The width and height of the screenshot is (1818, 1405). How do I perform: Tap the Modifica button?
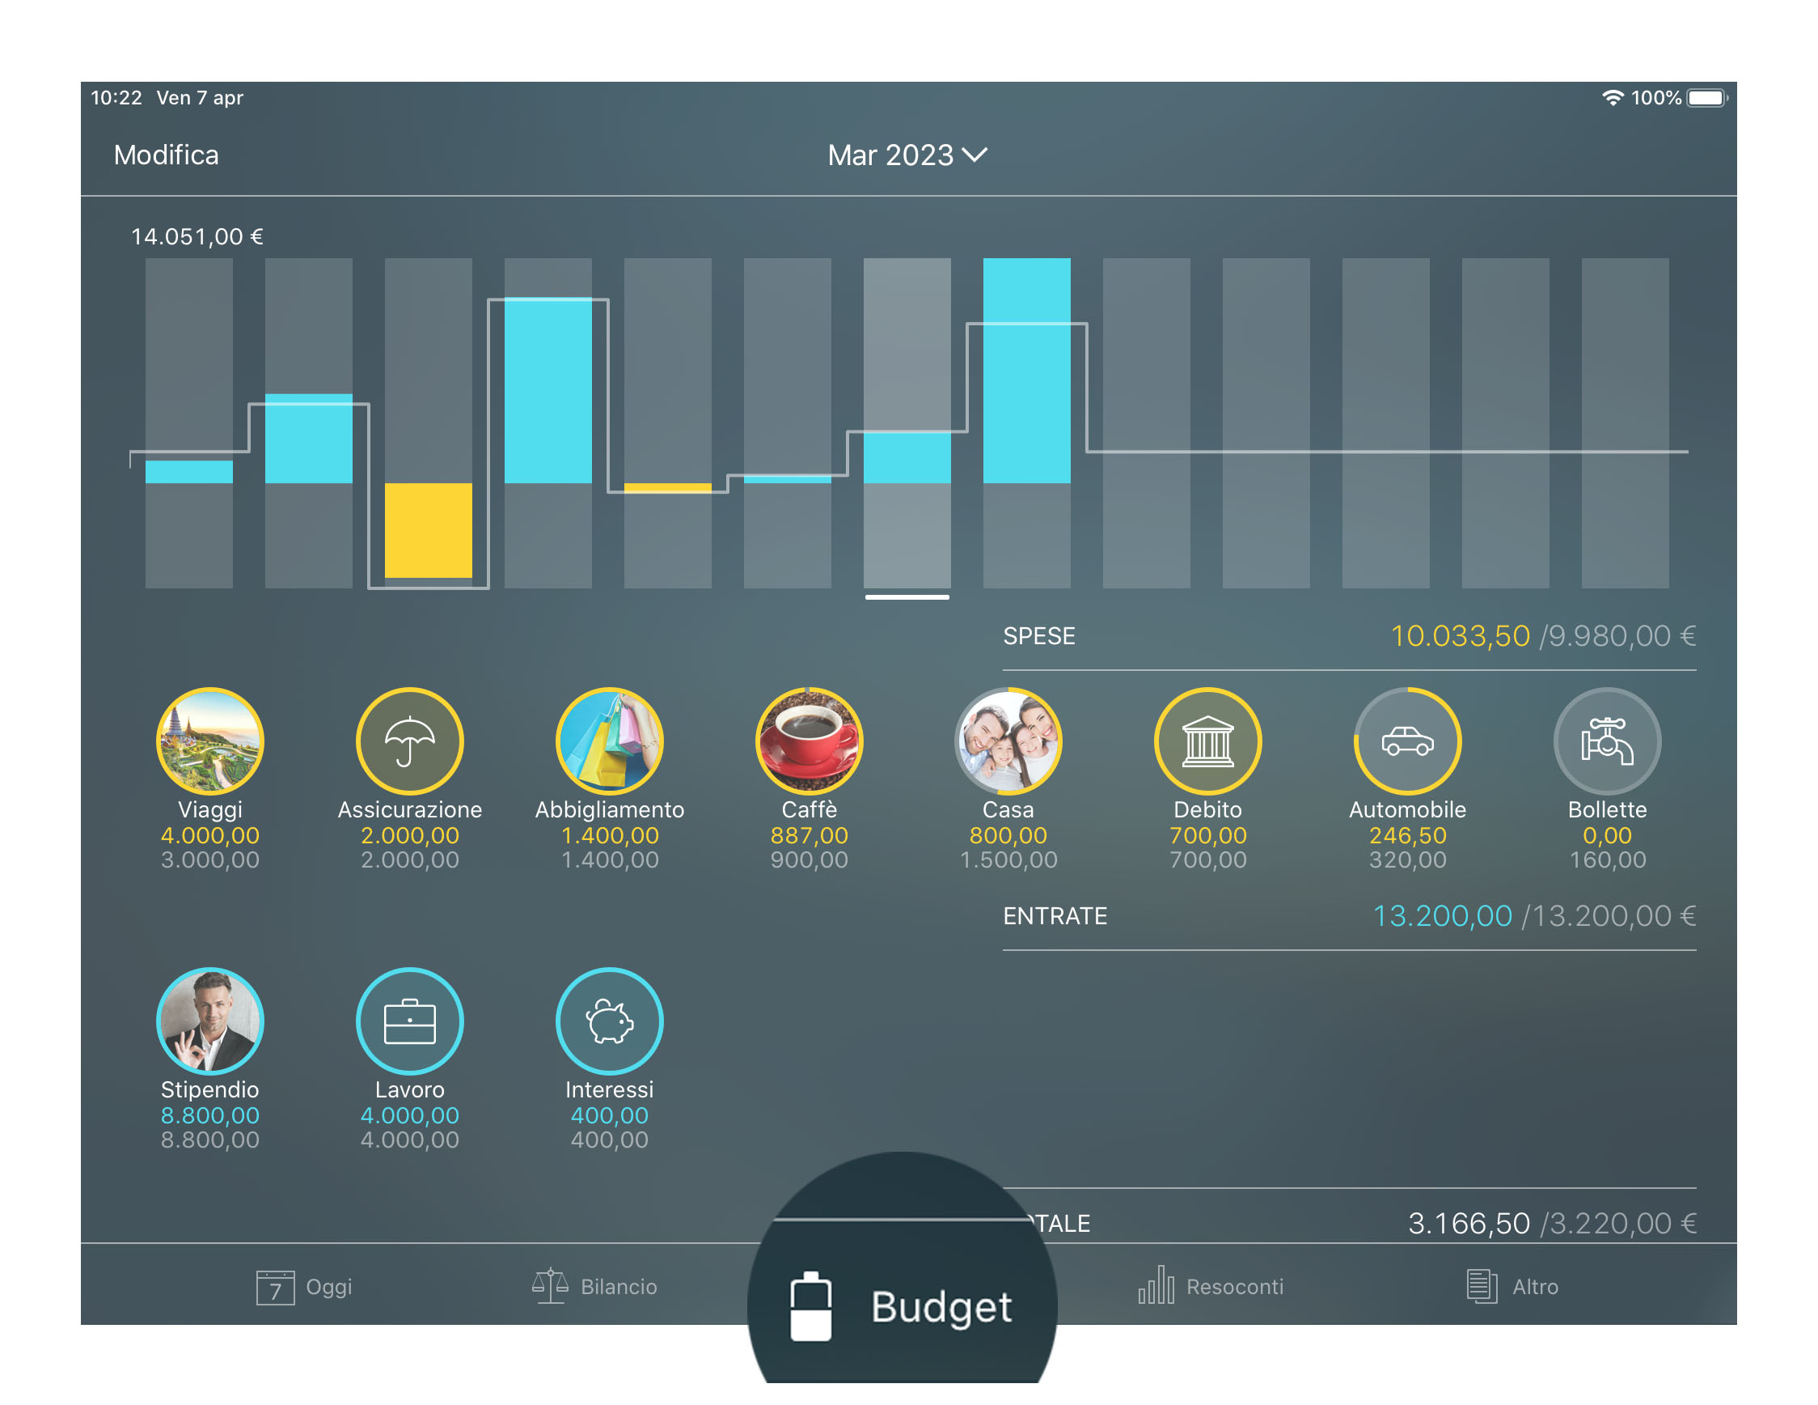pos(166,155)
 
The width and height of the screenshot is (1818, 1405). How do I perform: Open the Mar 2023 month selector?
pos(906,155)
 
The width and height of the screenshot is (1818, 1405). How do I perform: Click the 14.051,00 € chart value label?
pos(197,236)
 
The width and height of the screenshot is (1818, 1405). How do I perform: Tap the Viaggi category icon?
pos(209,741)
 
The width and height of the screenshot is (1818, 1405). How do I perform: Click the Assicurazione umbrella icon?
pos(409,741)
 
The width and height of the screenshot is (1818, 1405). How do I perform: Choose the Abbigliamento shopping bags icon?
pos(609,741)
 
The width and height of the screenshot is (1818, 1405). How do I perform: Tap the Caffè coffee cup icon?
pos(809,741)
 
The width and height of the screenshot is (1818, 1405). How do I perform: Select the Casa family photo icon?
pos(1008,741)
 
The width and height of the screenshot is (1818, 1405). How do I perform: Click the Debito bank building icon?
pos(1208,741)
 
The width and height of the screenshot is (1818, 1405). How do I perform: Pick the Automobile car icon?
pos(1408,741)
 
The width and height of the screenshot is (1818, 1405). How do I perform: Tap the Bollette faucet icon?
pos(1608,741)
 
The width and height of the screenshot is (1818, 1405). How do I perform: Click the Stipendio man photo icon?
pos(209,1021)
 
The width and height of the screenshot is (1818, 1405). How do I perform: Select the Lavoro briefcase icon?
pos(409,1021)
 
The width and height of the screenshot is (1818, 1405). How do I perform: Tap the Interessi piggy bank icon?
pos(609,1021)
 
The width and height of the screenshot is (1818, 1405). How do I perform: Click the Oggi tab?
pos(305,1287)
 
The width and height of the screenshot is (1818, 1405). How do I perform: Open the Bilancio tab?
pos(594,1287)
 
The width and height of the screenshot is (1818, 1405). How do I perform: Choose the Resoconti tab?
pos(1211,1287)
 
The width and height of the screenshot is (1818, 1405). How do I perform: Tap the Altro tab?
pos(1511,1287)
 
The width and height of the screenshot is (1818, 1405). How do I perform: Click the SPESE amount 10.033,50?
pos(1460,636)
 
